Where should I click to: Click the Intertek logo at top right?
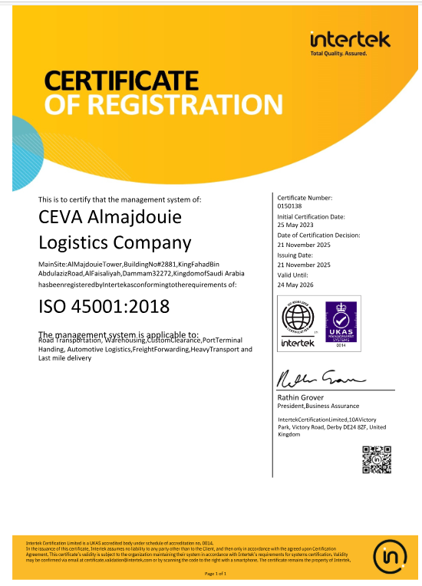pos(350,39)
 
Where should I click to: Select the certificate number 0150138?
pos(291,206)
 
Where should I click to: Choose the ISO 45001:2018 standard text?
pos(104,307)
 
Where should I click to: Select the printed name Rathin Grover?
pos(302,397)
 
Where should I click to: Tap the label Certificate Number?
pos(305,198)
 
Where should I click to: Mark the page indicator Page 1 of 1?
pos(216,573)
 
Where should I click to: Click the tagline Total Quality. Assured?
pos(338,54)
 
